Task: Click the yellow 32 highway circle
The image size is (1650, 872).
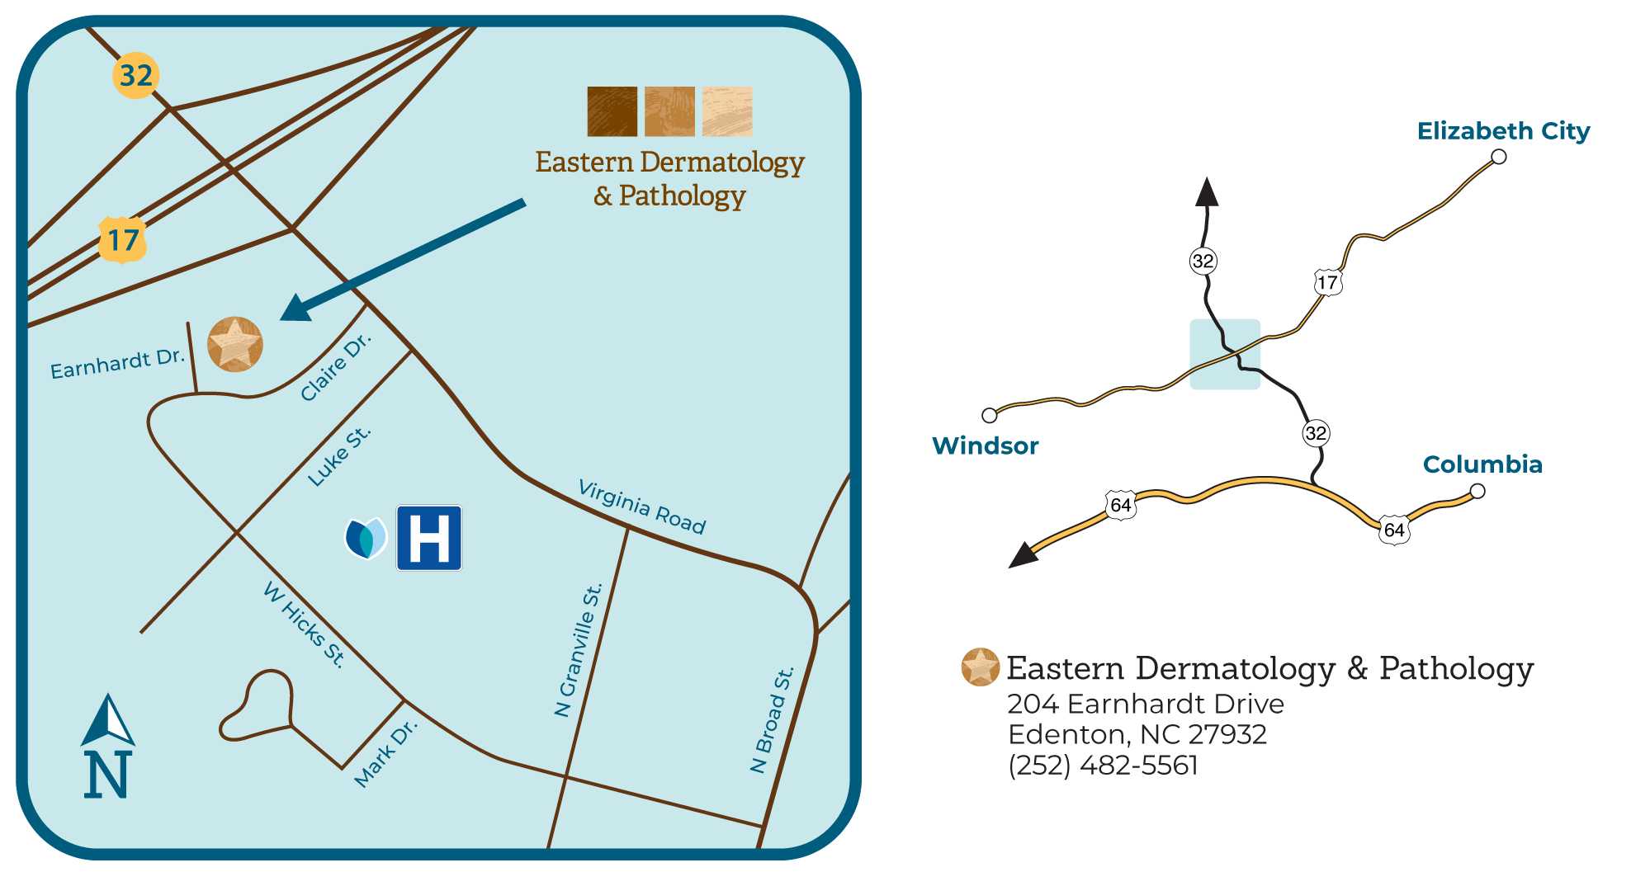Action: [135, 76]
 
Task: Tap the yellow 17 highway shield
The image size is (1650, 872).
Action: [123, 240]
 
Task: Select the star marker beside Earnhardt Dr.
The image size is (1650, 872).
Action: [235, 344]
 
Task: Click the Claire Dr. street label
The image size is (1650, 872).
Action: [336, 367]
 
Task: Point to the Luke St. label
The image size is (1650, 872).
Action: [339, 456]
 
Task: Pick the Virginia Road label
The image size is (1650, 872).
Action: [641, 507]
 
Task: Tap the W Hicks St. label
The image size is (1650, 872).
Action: [303, 624]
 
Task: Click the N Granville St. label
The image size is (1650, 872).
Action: [578, 650]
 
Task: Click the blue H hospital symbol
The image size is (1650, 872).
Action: [428, 538]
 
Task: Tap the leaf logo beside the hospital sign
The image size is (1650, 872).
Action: [366, 538]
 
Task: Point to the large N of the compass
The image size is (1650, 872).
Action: [108, 774]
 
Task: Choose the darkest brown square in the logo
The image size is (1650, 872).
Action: [612, 111]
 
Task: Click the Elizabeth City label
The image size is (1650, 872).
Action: [1503, 131]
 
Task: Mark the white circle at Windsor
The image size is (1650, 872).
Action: [990, 415]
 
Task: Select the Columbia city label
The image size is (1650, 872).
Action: [1482, 464]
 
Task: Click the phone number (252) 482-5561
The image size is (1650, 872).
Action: [1103, 766]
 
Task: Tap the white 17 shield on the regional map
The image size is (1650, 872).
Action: [1327, 283]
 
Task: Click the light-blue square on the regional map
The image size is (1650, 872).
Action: [1225, 354]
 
